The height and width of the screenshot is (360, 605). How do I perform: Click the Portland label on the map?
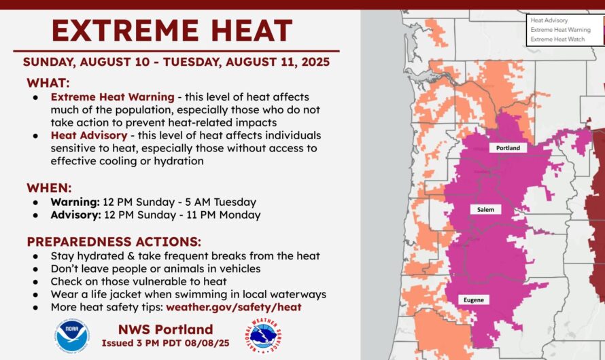(x=508, y=147)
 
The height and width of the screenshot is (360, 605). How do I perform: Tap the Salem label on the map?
(x=485, y=209)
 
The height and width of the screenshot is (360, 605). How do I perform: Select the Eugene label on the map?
(x=473, y=300)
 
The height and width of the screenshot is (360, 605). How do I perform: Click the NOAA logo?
(x=72, y=336)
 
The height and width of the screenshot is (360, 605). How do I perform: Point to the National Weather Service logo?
(x=263, y=336)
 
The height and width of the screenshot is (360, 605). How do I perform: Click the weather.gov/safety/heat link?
(x=234, y=307)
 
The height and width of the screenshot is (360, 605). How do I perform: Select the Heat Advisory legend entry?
(x=549, y=20)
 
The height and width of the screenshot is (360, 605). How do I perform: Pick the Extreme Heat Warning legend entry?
(x=560, y=30)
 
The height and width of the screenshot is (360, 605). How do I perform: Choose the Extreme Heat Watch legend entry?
(x=557, y=39)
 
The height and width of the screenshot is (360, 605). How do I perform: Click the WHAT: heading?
(x=48, y=83)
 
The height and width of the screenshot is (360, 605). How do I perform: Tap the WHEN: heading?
(x=49, y=188)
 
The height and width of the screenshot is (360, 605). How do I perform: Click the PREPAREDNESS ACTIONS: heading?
(x=114, y=242)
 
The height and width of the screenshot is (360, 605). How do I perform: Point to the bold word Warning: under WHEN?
(x=75, y=202)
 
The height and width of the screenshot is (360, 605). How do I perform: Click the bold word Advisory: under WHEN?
(x=75, y=215)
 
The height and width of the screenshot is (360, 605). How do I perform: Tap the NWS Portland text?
(x=166, y=329)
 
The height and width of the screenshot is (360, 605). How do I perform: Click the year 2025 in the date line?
(x=315, y=62)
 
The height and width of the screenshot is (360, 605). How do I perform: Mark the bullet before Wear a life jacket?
(x=35, y=295)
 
